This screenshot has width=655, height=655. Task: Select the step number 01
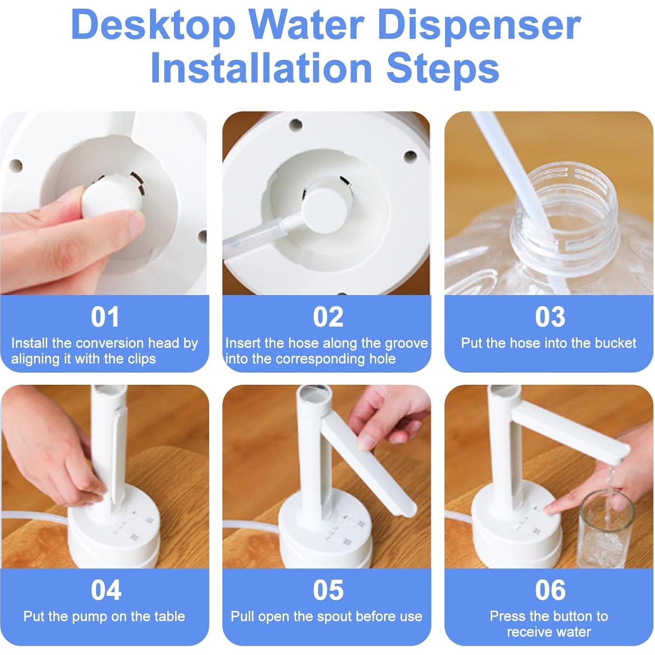[105, 317]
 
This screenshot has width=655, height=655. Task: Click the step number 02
[328, 317]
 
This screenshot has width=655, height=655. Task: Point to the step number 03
[550, 317]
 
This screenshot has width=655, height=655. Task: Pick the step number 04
[105, 590]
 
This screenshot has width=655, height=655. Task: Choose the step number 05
[328, 590]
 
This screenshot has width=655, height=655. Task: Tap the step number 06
[550, 590]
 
